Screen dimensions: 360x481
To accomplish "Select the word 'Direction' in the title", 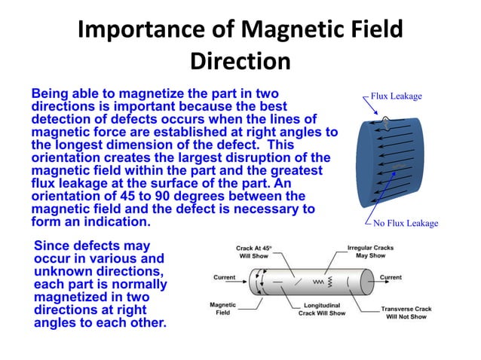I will [x=240, y=62].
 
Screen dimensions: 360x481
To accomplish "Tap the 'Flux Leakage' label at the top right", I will [x=396, y=96].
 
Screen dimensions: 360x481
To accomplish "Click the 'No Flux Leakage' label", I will [x=401, y=223].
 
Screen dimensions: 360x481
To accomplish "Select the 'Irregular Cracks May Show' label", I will [x=371, y=251].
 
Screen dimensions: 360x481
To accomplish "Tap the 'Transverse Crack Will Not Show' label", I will [x=406, y=313].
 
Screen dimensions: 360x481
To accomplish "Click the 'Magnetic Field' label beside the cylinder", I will [x=224, y=308].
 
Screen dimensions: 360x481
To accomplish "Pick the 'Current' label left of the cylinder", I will [x=224, y=277].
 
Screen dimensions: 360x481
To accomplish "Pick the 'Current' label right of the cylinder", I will [x=391, y=277].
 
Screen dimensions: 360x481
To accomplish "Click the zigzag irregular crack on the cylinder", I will [x=319, y=282].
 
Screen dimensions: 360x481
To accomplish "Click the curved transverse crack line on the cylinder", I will [x=347, y=284].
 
